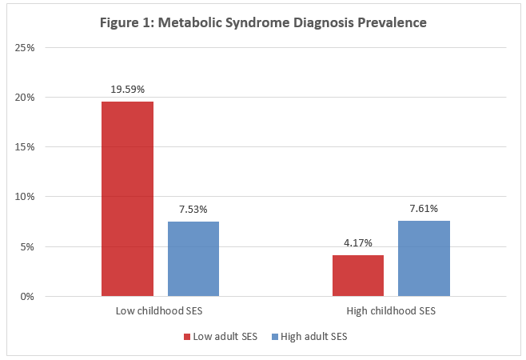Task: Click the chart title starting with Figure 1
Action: pos(263,22)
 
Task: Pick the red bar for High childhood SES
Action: pos(358,275)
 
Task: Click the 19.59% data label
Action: pos(127,90)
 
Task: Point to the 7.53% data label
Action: pos(193,210)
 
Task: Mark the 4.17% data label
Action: pos(358,242)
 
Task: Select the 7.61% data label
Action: pos(424,209)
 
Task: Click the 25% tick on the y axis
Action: pos(26,48)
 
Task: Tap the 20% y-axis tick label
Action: pos(26,98)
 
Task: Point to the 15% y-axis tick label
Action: pos(26,147)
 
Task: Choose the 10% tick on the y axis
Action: pos(26,197)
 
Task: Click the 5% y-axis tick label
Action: pos(28,246)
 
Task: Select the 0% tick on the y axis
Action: pos(28,296)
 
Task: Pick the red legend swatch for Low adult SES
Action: pos(187,337)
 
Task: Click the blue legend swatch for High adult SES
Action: pos(275,337)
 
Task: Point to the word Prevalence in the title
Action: pos(391,22)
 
